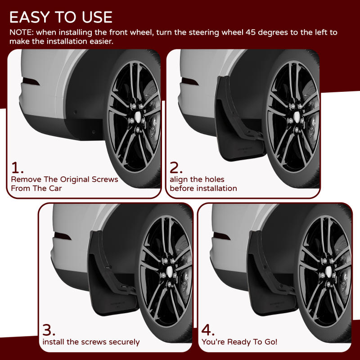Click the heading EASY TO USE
pyautogui.click(x=61, y=17)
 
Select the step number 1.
pyautogui.click(x=17, y=168)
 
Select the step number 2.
pyautogui.click(x=176, y=168)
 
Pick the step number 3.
pyautogui.click(x=49, y=330)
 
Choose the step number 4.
pyautogui.click(x=208, y=330)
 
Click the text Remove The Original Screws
pyautogui.click(x=64, y=179)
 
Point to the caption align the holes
pyautogui.click(x=197, y=179)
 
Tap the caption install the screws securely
pyautogui.click(x=91, y=342)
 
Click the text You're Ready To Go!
pyautogui.click(x=239, y=342)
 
